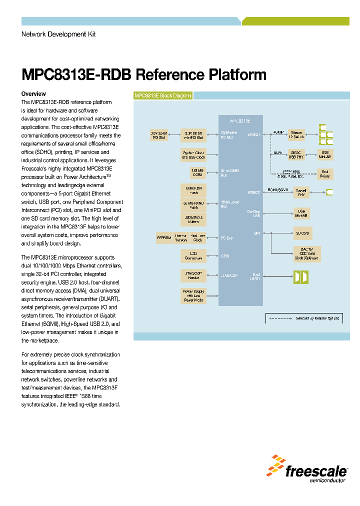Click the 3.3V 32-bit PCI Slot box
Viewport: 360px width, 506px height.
(158, 135)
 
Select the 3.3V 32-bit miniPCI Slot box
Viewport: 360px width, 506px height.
(193, 135)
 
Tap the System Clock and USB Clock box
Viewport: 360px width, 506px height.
(193, 154)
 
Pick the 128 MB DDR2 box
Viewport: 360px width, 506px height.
(193, 173)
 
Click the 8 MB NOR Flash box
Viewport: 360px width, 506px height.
(193, 190)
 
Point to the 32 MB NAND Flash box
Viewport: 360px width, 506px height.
(193, 205)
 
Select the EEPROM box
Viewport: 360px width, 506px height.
(164, 238)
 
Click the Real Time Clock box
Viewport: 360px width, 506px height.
(197, 238)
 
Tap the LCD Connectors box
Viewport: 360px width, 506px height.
(193, 256)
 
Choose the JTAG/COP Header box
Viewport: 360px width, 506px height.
(193, 275)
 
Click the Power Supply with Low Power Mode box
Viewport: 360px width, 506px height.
(193, 296)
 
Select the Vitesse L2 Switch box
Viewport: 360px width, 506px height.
(298, 135)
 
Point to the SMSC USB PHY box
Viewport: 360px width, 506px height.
(298, 154)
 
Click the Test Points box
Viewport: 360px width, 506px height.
(325, 173)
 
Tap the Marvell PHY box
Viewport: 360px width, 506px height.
(301, 192)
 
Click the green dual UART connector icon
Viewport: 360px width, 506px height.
(301, 276)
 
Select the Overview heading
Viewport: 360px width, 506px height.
(33, 94)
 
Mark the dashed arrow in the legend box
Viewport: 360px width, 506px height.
(280, 318)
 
